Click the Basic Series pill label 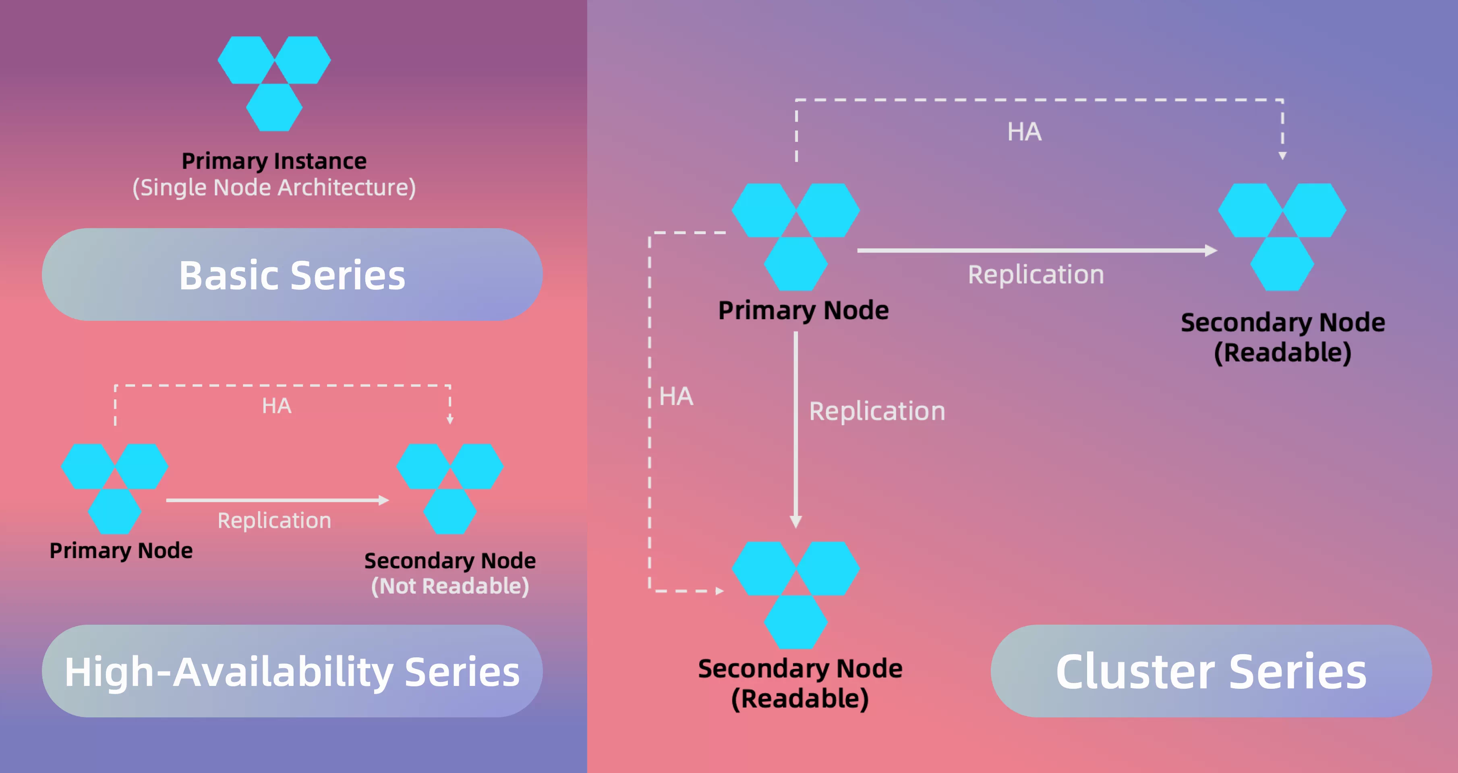tap(292, 275)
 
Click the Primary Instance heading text tap(274, 161)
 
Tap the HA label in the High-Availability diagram tap(277, 406)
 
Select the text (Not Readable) tap(450, 586)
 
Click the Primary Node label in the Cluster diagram tap(804, 311)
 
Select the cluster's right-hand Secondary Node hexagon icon tap(1282, 237)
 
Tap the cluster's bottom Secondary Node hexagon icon tap(796, 594)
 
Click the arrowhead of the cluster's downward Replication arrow tap(796, 522)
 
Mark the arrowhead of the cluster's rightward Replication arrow tap(1211, 250)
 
